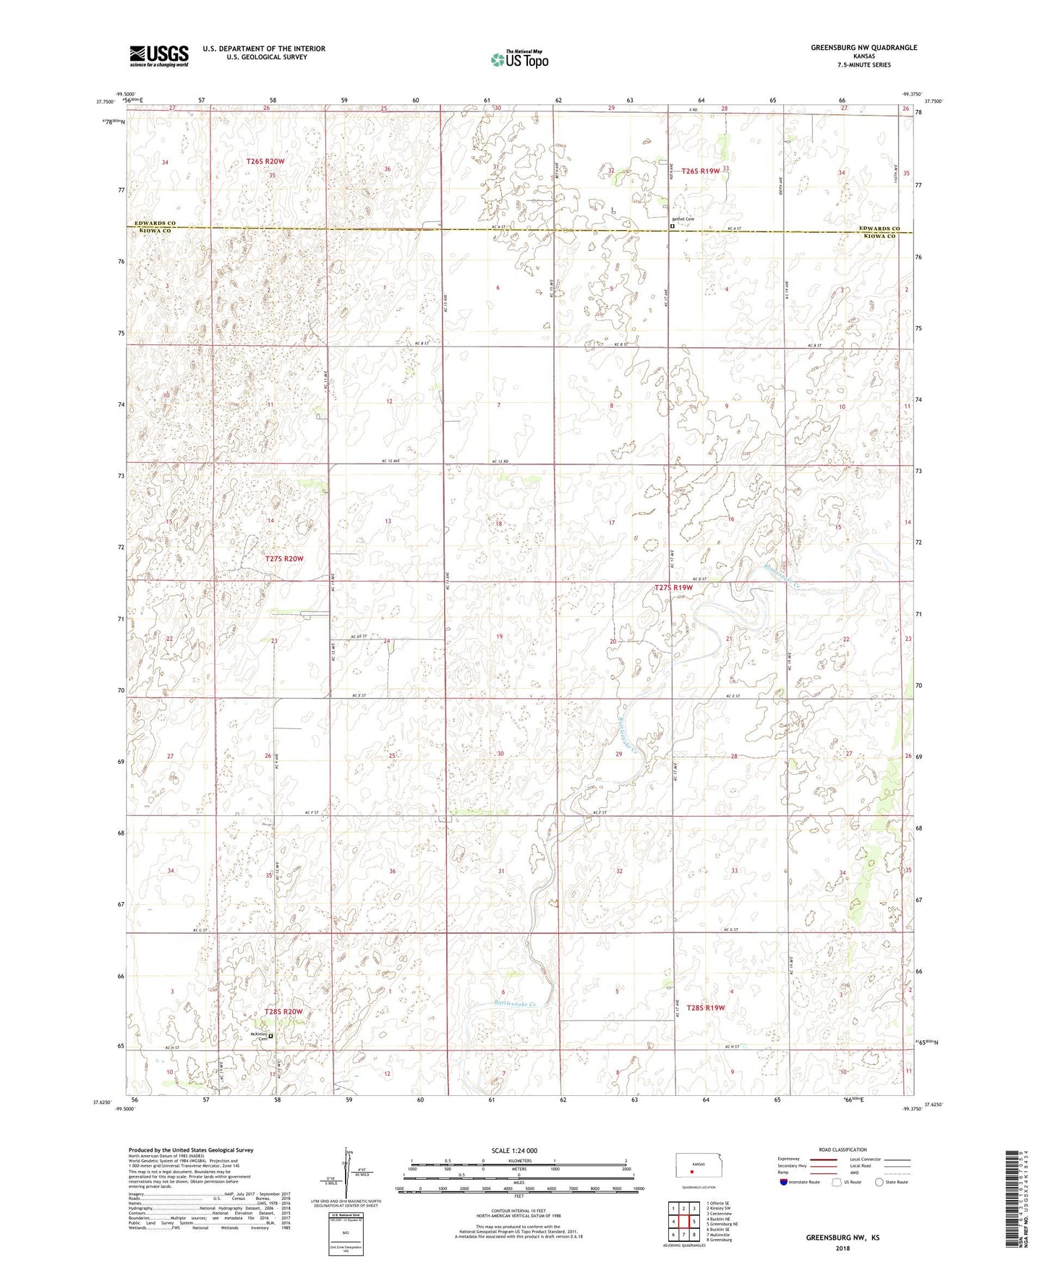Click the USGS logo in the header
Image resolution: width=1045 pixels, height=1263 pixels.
pyautogui.click(x=159, y=56)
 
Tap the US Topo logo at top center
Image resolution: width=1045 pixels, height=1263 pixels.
pyautogui.click(x=519, y=59)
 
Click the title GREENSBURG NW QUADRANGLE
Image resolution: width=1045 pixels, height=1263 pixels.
pyautogui.click(x=863, y=48)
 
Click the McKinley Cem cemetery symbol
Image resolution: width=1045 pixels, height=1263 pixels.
pyautogui.click(x=271, y=1037)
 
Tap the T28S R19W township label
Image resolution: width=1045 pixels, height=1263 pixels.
pyautogui.click(x=705, y=1008)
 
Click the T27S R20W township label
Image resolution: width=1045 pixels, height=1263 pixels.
pyautogui.click(x=284, y=558)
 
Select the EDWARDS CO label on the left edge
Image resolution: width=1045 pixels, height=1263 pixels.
pyautogui.click(x=153, y=224)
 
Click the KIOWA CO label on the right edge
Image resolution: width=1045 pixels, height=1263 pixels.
pyautogui.click(x=876, y=237)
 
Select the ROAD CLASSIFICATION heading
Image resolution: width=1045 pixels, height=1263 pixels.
pyautogui.click(x=843, y=1149)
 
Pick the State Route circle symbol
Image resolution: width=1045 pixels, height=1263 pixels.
pyautogui.click(x=879, y=1182)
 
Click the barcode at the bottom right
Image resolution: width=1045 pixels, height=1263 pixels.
pyautogui.click(x=1012, y=1201)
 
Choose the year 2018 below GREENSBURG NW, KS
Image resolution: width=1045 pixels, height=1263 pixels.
pyautogui.click(x=843, y=1248)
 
